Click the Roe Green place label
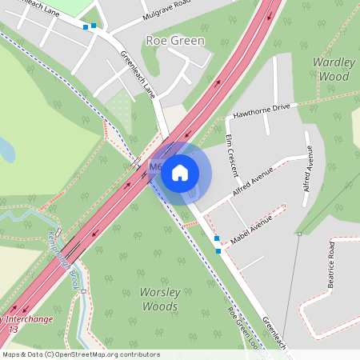click(x=175, y=40)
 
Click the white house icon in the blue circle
click(x=180, y=172)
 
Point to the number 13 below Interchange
click(x=12, y=328)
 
